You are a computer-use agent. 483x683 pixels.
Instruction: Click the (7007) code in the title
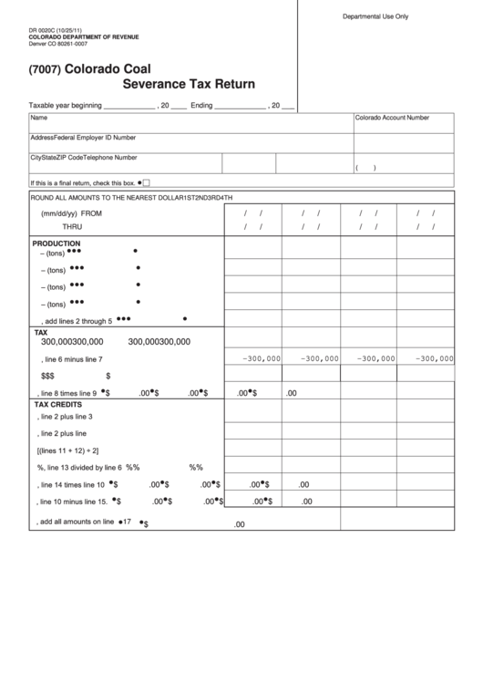coord(46,68)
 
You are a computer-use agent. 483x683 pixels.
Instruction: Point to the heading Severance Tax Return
coord(188,85)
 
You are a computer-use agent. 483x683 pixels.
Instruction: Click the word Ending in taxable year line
coord(201,106)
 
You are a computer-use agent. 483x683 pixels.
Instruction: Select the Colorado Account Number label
coord(392,119)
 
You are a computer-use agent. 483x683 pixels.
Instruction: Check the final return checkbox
coord(146,182)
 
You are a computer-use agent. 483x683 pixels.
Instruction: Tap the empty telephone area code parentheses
coord(365,167)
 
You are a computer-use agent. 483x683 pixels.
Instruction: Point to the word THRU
coord(72,226)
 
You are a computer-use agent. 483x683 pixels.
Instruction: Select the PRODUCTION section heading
coord(57,244)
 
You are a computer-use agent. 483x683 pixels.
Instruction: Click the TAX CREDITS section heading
coord(58,404)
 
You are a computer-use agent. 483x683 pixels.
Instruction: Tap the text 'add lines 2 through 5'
coord(77,321)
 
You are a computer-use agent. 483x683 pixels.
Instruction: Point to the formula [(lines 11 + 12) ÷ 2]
coord(68,450)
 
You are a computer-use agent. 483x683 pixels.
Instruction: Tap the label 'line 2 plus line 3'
coord(67,417)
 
